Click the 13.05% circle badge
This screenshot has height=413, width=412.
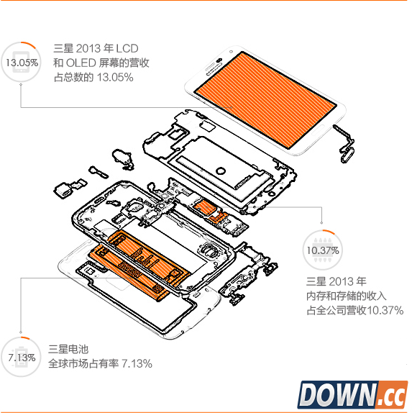pos(21,62)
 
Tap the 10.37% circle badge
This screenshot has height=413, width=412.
pos(323,250)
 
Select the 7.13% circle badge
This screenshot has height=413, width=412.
pos(21,357)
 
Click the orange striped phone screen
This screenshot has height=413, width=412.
pos(265,100)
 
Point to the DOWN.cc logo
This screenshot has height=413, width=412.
pos(353,394)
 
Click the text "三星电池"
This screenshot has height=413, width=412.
pos(68,349)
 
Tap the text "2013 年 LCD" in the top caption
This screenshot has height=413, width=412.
pos(107,48)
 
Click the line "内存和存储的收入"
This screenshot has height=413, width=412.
pos(347,296)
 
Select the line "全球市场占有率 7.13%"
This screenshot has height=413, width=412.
pos(100,364)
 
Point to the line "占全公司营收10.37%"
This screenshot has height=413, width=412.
pos(355,310)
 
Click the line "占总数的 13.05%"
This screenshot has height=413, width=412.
pos(93,78)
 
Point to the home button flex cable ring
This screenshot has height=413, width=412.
pos(347,156)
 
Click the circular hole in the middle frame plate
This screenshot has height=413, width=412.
pos(221,171)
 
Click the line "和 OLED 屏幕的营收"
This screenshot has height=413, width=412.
pos(101,63)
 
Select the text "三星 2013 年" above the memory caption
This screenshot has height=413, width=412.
pos(337,281)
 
